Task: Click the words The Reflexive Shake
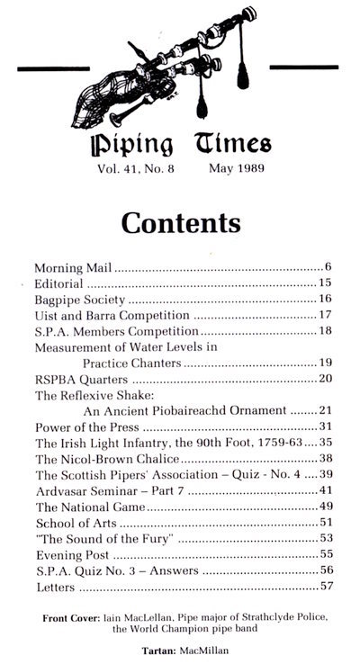pos(89,394)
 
